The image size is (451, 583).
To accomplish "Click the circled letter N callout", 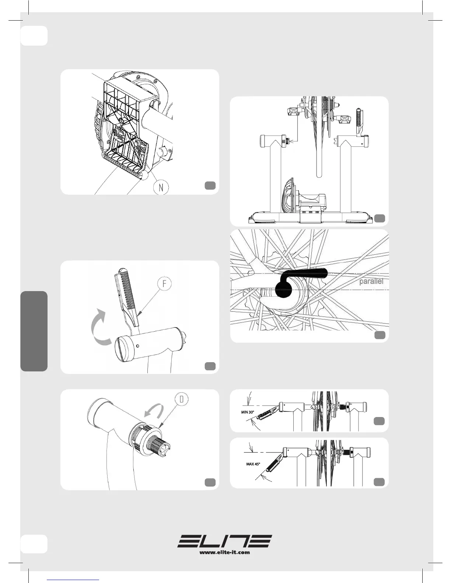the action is (161, 187).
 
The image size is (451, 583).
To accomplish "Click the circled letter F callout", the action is (164, 284).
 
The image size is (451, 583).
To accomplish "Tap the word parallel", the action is (371, 282).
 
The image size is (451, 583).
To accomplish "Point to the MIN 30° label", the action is (247, 412).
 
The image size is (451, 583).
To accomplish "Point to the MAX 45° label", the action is (253, 464).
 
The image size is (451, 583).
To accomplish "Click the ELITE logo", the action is (225, 541).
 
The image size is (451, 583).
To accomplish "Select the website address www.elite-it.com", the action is (225, 552).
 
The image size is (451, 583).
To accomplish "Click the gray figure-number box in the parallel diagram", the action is (380, 335).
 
